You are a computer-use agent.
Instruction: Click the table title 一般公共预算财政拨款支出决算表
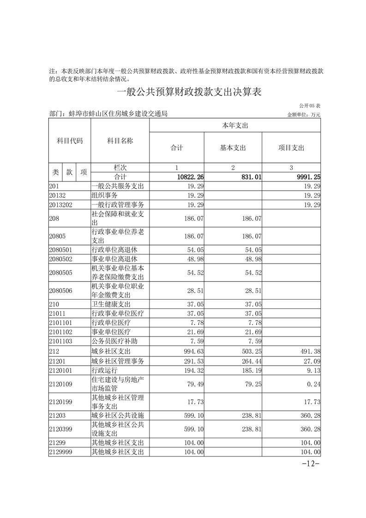point(189,92)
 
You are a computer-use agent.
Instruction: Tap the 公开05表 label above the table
point(310,106)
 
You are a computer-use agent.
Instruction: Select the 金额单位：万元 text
point(304,114)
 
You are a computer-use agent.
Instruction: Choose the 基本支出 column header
point(233,148)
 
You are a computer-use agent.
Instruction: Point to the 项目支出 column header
point(291,148)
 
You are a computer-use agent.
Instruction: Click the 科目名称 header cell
point(120,141)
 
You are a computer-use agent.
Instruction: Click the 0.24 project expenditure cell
point(314,384)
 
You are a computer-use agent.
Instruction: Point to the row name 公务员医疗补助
point(114,342)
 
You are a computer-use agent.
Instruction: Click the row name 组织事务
point(105,195)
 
